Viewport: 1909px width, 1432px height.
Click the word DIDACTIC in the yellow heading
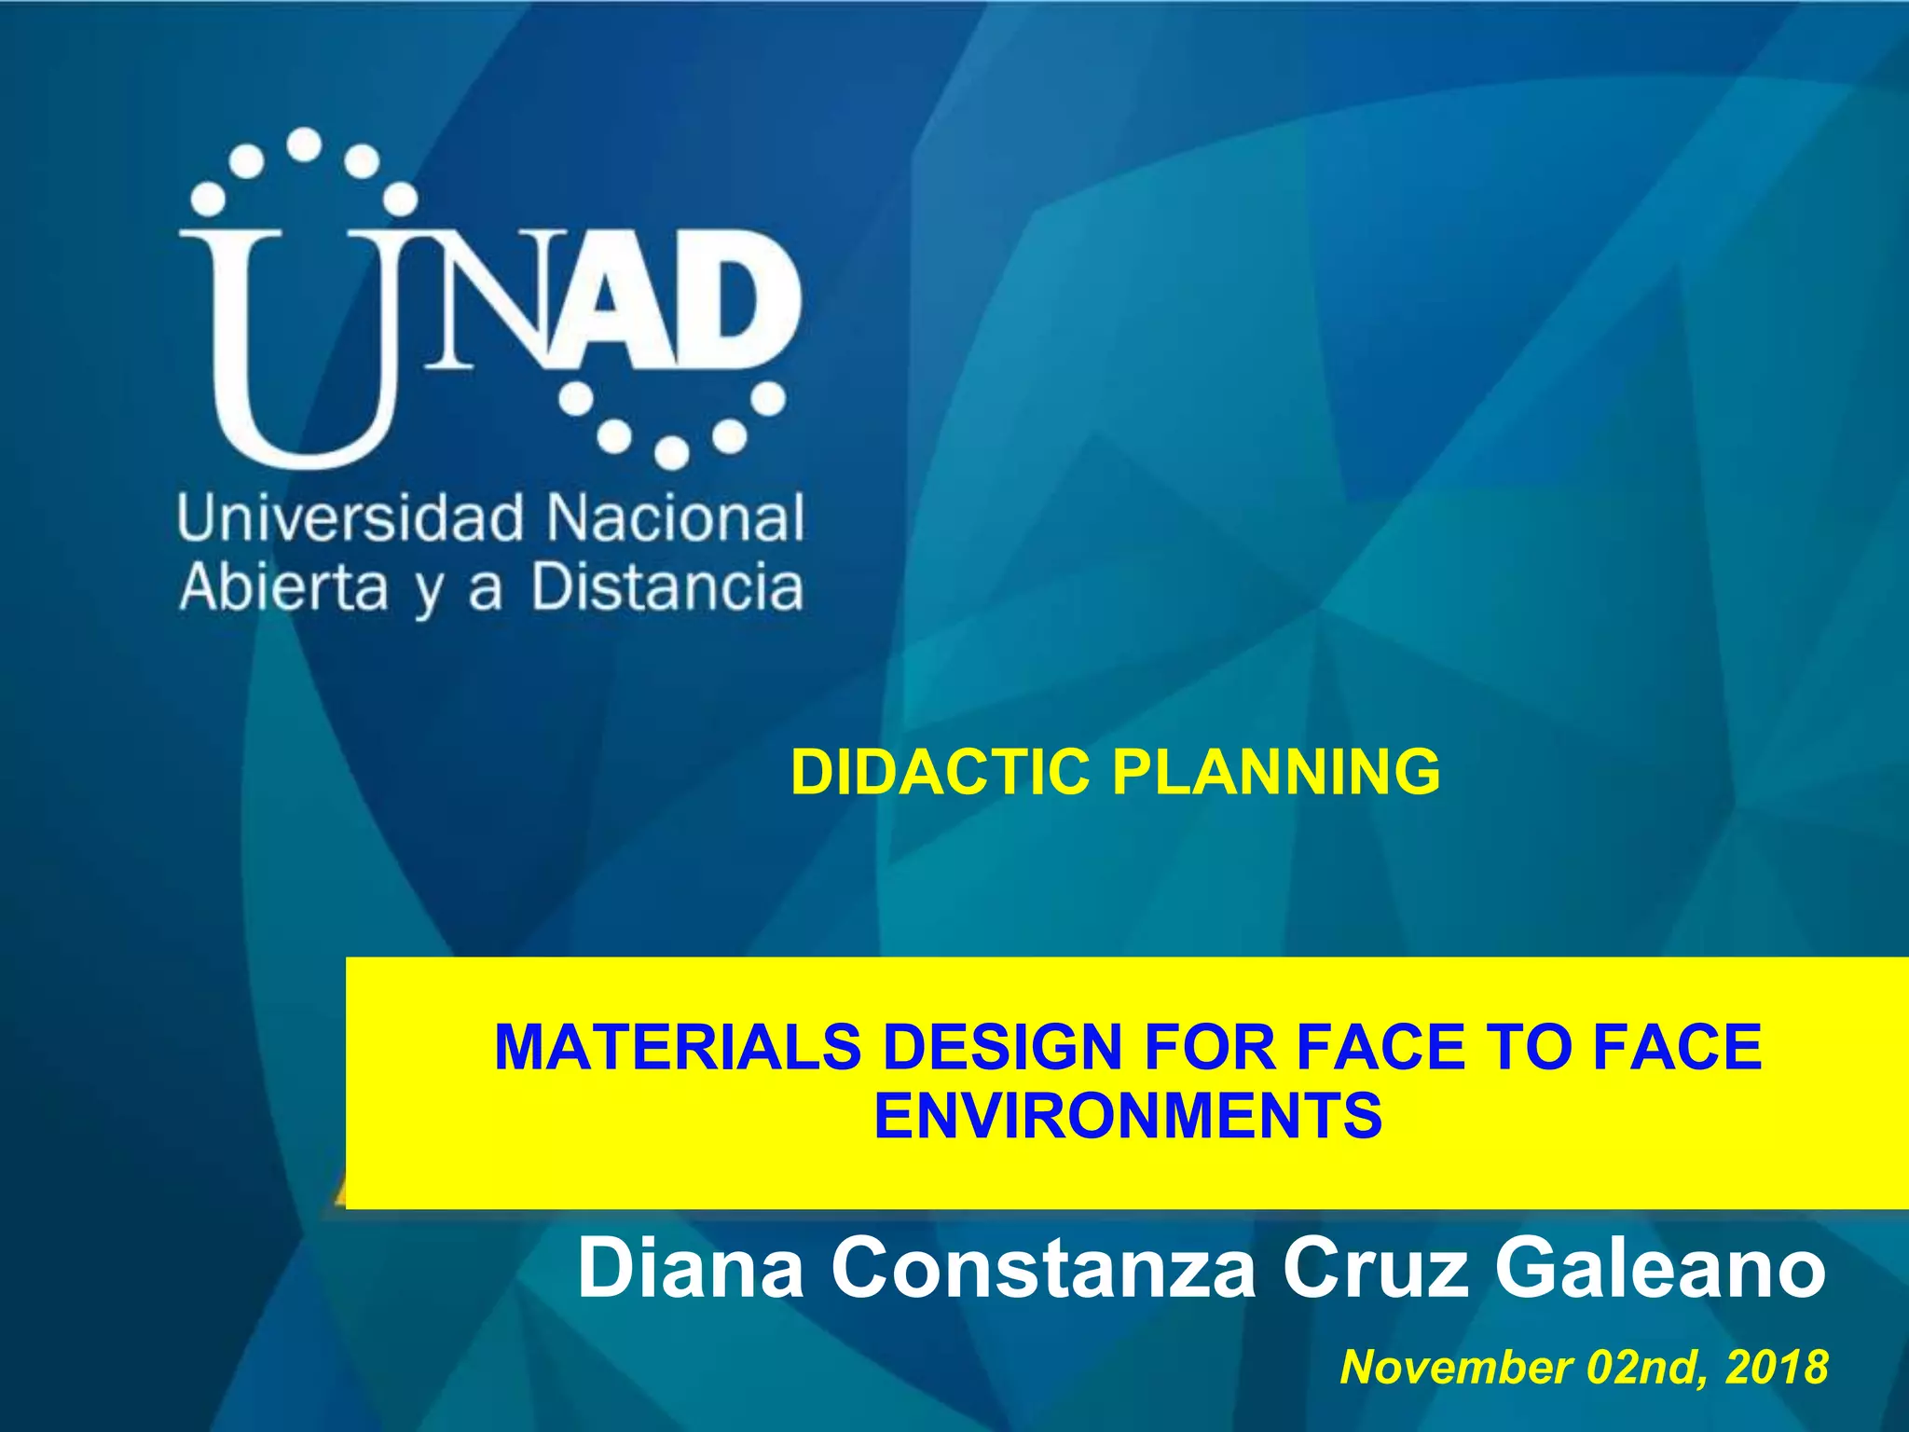click(x=940, y=772)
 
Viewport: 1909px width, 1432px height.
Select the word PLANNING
click(x=1277, y=772)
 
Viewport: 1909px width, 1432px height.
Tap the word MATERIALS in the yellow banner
click(x=678, y=1047)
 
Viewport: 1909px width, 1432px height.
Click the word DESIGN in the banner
click(x=1002, y=1047)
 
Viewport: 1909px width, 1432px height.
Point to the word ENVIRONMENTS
click(x=1128, y=1116)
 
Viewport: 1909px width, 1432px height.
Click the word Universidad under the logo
click(x=350, y=518)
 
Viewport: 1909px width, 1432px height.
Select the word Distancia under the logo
click(x=667, y=587)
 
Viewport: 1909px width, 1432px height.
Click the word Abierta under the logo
click(x=283, y=587)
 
